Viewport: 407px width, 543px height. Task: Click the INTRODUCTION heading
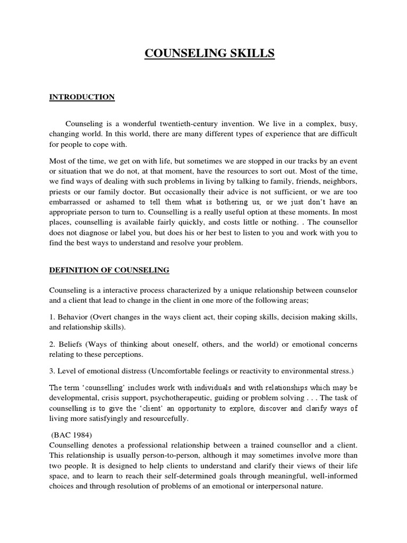click(82, 97)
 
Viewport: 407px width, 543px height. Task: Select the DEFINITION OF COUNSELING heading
click(109, 270)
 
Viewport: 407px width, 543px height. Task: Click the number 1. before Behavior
click(52, 317)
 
